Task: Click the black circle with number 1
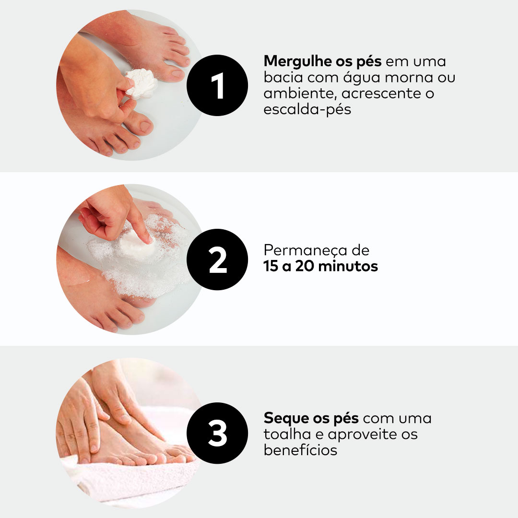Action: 217,85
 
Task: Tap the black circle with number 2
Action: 217,259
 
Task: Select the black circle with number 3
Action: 217,433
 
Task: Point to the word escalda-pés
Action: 307,110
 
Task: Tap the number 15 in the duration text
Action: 271,266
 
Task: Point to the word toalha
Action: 287,434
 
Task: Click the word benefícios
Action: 300,450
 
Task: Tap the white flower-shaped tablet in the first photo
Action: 141,83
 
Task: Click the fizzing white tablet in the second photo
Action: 136,244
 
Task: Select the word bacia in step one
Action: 283,78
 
